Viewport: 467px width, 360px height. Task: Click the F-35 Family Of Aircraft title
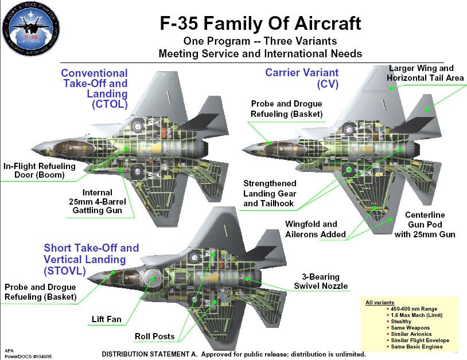260,24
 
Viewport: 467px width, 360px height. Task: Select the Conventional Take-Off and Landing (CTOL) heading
94,89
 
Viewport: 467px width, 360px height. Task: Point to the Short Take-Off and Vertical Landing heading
91,259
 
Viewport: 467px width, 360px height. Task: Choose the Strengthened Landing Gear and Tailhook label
270,193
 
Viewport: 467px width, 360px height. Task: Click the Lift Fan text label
106,319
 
